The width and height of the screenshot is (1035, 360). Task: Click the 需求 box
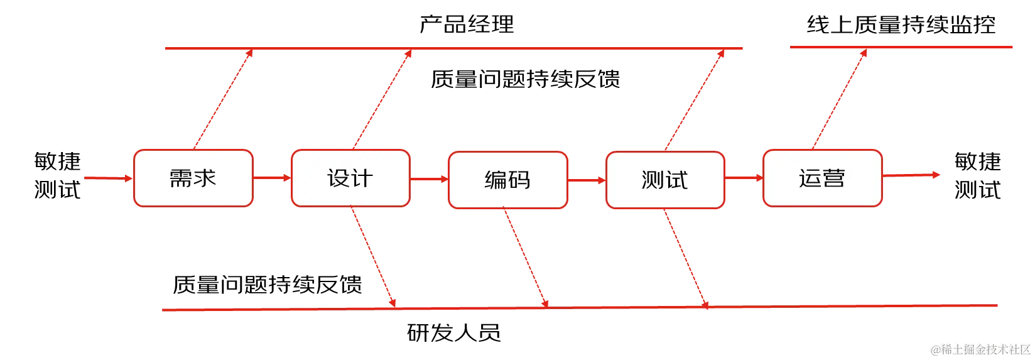click(193, 178)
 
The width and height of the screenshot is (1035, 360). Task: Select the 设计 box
click(350, 178)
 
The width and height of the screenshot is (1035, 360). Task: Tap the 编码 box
click(507, 180)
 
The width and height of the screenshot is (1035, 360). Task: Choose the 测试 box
click(665, 180)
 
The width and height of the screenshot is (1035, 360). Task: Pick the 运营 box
click(822, 178)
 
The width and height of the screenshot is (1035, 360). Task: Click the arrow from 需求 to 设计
click(272, 178)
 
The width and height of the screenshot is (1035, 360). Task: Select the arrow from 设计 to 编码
click(429, 179)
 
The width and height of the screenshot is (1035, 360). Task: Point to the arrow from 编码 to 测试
click(587, 180)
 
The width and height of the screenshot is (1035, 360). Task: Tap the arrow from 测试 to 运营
click(744, 178)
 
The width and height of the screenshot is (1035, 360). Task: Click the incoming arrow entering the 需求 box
click(107, 178)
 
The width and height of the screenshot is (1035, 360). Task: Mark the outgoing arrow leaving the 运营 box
click(911, 175)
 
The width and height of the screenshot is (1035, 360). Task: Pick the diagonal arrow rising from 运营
click(841, 97)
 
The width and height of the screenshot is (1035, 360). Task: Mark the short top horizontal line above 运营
click(901, 48)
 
